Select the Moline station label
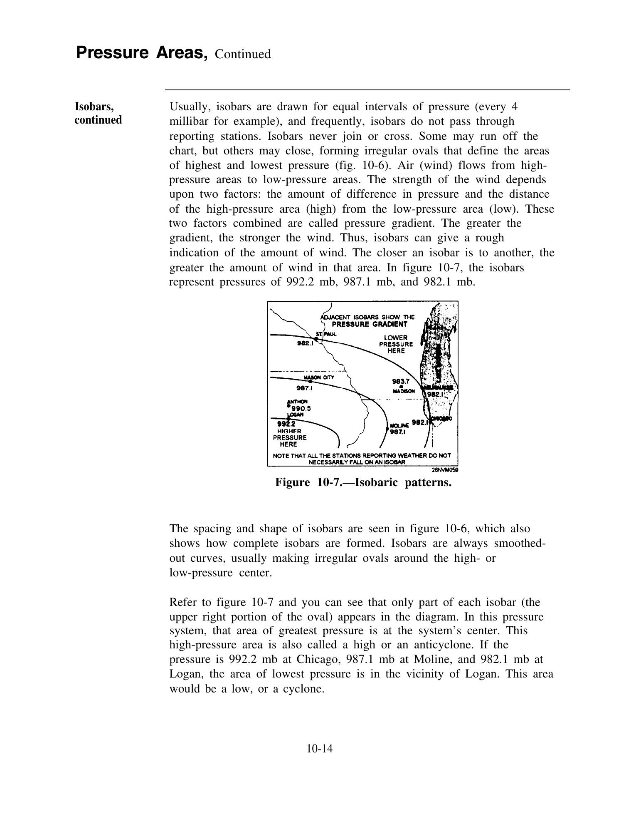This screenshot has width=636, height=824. click(399, 426)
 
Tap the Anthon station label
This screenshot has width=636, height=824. click(298, 402)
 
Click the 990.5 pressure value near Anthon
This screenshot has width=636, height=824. click(301, 408)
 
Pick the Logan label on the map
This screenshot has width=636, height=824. click(296, 414)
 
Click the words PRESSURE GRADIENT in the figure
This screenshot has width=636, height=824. click(370, 324)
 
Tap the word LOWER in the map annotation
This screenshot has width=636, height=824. click(396, 338)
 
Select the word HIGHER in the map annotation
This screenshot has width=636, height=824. click(289, 431)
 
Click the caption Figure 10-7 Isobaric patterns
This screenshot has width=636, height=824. click(363, 483)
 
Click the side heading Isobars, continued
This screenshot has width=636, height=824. click(99, 113)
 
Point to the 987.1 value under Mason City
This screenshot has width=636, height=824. click(304, 388)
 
